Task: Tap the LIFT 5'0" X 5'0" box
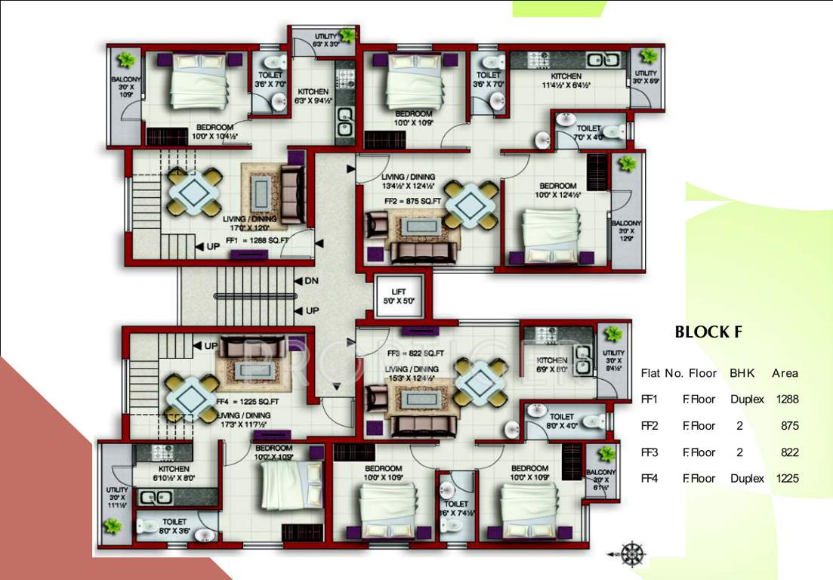pyautogui.click(x=399, y=296)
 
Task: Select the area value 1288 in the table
pyautogui.click(x=786, y=399)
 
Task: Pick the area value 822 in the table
pyautogui.click(x=786, y=452)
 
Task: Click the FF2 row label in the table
pyautogui.click(x=649, y=426)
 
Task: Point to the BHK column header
pyautogui.click(x=742, y=373)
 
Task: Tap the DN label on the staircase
pyautogui.click(x=311, y=281)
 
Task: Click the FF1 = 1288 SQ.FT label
pyautogui.click(x=258, y=240)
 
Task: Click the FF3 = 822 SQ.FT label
pyautogui.click(x=415, y=353)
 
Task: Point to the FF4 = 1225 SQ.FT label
pyautogui.click(x=248, y=402)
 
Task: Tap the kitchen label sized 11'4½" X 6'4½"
pyautogui.click(x=566, y=80)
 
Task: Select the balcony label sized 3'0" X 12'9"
pyautogui.click(x=626, y=230)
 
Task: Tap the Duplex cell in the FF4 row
pyautogui.click(x=747, y=478)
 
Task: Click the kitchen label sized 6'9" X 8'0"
pyautogui.click(x=551, y=365)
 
